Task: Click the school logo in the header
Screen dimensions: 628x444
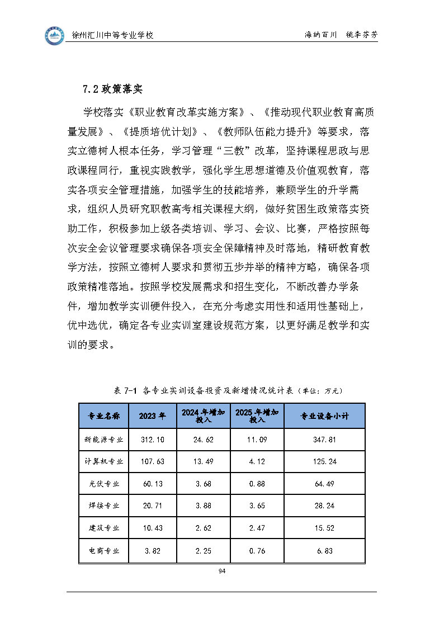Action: point(55,35)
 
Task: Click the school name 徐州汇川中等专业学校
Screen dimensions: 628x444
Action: point(113,35)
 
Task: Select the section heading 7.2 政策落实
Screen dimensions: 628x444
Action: point(112,89)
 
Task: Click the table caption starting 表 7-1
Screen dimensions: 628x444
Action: point(228,390)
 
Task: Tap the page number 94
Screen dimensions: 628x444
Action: point(222,571)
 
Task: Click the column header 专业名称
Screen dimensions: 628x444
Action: point(104,416)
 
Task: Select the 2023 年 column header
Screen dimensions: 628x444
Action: point(153,416)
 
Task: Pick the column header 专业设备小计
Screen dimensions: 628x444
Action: point(324,416)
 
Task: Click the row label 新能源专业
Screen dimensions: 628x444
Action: point(104,440)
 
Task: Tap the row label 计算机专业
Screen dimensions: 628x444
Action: point(104,462)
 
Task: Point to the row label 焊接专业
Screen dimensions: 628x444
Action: point(104,506)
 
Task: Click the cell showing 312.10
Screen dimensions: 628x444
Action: point(153,440)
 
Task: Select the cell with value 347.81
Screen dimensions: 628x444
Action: point(324,440)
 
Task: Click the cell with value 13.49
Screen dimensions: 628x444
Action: point(204,462)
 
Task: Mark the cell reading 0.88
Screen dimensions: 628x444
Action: point(257,484)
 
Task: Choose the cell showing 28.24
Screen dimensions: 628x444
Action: point(324,506)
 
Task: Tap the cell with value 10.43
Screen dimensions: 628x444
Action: point(153,528)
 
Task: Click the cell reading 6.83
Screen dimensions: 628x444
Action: point(324,551)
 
